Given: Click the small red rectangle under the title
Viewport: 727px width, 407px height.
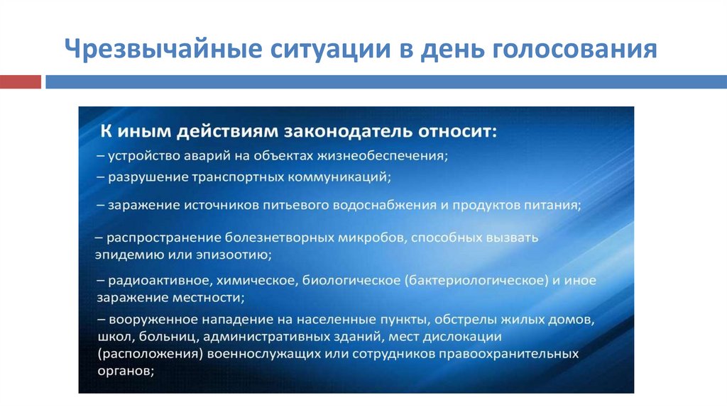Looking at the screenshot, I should point(20,82).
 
